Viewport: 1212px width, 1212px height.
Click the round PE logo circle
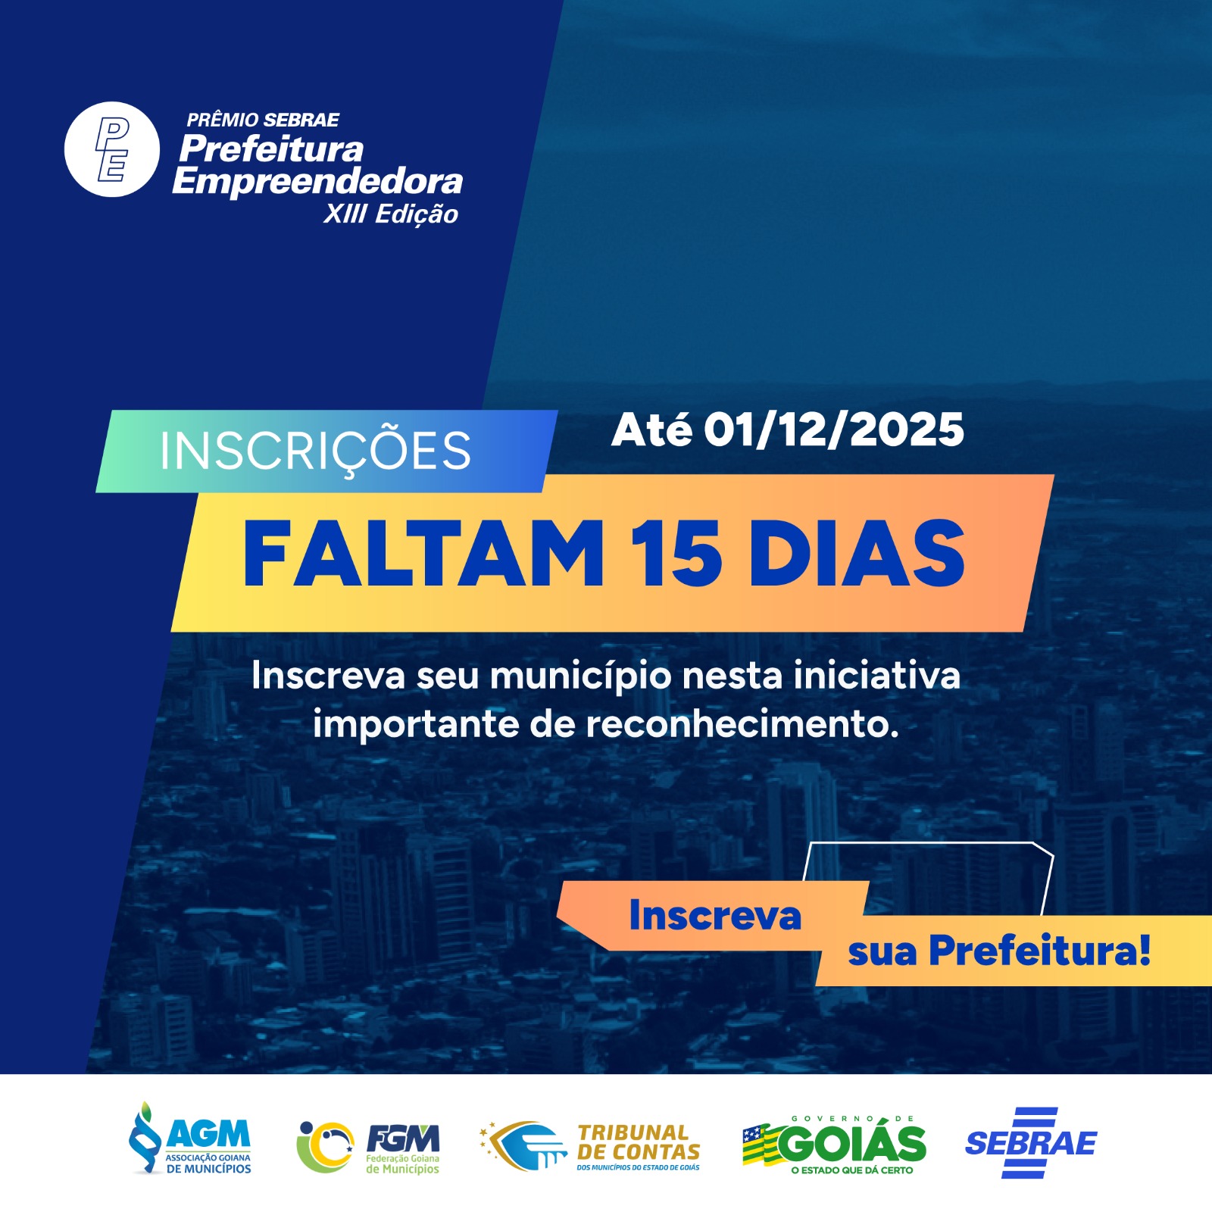pyautogui.click(x=112, y=149)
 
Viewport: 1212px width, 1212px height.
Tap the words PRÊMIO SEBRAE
pyautogui.click(x=263, y=120)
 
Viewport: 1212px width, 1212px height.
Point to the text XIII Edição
pyautogui.click(x=391, y=214)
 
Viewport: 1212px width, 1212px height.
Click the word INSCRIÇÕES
pyautogui.click(x=315, y=451)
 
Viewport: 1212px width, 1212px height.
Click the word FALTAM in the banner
pyautogui.click(x=423, y=554)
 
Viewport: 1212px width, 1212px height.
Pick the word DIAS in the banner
pyautogui.click(x=857, y=554)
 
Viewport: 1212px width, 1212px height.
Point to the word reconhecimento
pyautogui.click(x=742, y=724)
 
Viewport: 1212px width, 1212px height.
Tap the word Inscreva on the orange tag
pyautogui.click(x=715, y=915)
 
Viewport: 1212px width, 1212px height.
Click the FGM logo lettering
pyautogui.click(x=402, y=1138)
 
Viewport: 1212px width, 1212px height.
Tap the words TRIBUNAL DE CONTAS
pyautogui.click(x=639, y=1142)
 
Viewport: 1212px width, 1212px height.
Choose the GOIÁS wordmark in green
pyautogui.click(x=851, y=1144)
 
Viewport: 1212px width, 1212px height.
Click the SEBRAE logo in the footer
pyautogui.click(x=1031, y=1142)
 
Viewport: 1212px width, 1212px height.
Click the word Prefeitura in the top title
pyautogui.click(x=271, y=149)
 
